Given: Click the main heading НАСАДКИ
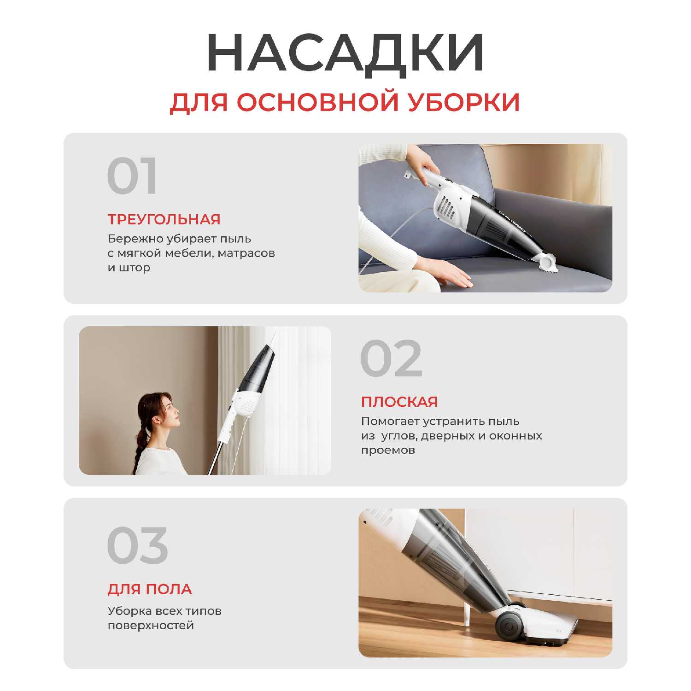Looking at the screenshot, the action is point(345,53).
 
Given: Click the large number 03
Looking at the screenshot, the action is point(137,545).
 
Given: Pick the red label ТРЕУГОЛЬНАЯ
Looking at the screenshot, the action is point(164,219).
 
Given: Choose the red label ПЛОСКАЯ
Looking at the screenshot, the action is point(399,402).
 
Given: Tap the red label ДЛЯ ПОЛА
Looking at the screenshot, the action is point(150,589).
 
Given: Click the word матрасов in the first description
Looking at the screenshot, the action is point(246,253).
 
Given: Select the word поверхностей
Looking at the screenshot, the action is point(151,626).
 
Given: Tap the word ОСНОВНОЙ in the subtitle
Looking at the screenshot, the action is point(317,102).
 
